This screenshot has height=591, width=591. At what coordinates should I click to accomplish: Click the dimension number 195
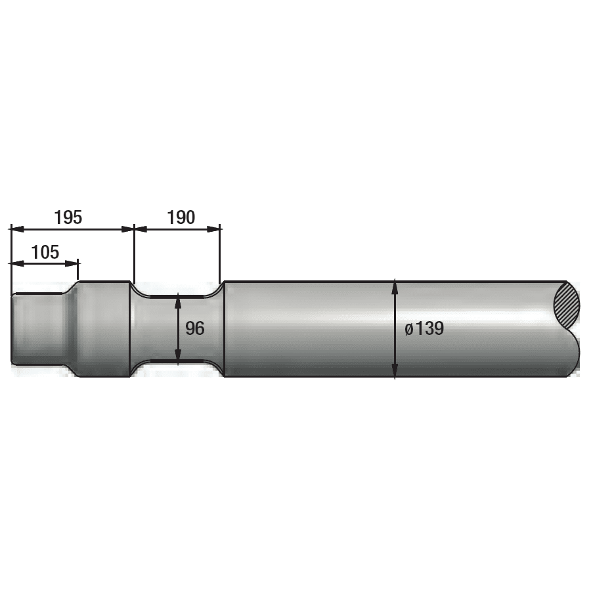pyautogui.click(x=68, y=217)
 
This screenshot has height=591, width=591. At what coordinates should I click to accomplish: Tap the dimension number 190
pyautogui.click(x=181, y=217)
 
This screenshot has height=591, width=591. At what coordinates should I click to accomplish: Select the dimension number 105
pyautogui.click(x=45, y=252)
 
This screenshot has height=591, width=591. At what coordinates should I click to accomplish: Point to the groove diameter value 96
pyautogui.click(x=195, y=329)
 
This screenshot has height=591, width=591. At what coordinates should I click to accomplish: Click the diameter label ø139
pyautogui.click(x=424, y=329)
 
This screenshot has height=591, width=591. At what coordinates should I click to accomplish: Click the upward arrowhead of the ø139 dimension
pyautogui.click(x=395, y=286)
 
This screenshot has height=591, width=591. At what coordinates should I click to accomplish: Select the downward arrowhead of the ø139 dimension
pyautogui.click(x=395, y=371)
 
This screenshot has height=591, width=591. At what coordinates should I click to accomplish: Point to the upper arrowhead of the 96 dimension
pyautogui.click(x=178, y=299)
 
